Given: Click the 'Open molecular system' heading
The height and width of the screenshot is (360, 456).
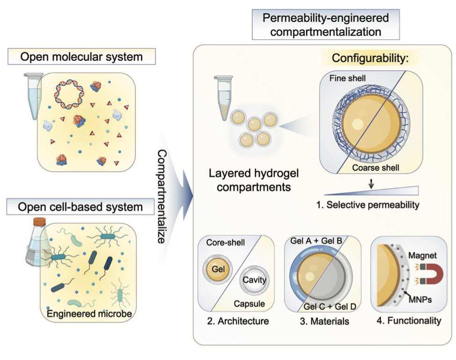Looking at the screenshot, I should point(82,58).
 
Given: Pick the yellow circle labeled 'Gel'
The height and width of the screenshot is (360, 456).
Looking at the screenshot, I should point(217,269).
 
